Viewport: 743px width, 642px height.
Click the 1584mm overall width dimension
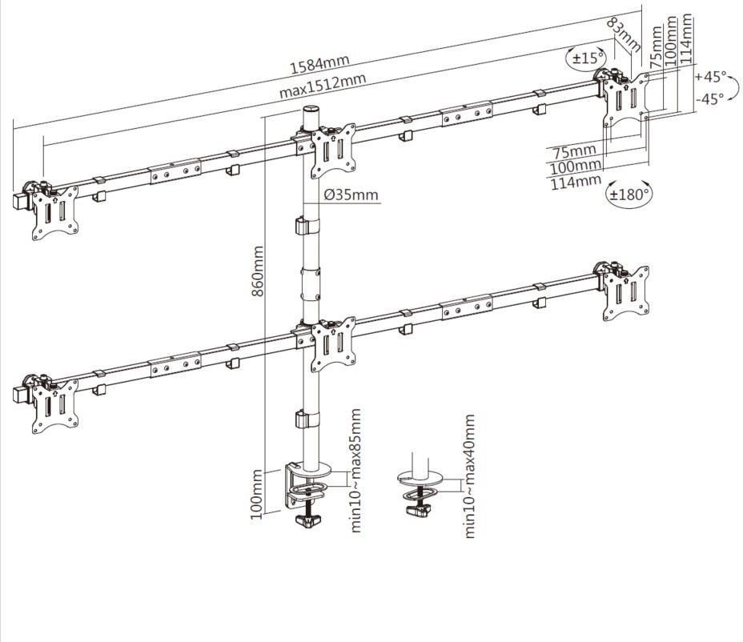[319, 63]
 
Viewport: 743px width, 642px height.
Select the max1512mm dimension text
[322, 86]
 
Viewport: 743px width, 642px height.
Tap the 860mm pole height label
[257, 271]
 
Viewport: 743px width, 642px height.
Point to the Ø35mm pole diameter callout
[351, 195]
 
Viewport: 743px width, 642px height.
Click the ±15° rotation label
[587, 58]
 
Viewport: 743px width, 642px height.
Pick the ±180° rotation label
[629, 195]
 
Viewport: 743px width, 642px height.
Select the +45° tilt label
[710, 76]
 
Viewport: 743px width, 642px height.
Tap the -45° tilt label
[710, 99]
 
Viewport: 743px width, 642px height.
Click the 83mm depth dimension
[624, 34]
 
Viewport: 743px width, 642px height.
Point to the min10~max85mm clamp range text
[355, 471]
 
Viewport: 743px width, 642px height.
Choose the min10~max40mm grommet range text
[469, 476]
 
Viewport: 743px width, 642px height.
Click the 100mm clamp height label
[256, 494]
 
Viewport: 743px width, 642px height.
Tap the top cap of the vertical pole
[311, 110]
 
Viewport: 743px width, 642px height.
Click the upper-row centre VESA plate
[334, 150]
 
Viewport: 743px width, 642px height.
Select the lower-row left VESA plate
[55, 406]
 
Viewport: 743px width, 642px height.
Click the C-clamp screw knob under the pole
[309, 521]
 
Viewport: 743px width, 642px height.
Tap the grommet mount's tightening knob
[418, 510]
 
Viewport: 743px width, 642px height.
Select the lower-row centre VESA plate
[334, 344]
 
